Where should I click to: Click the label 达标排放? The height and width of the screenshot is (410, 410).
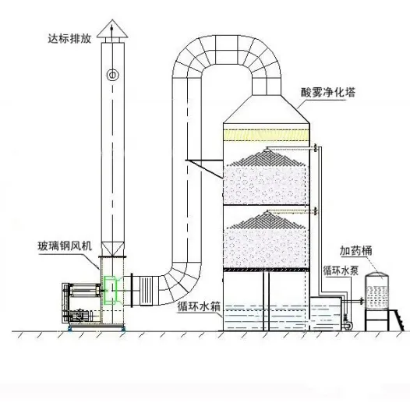(x=69, y=38)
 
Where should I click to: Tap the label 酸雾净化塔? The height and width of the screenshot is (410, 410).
(x=328, y=92)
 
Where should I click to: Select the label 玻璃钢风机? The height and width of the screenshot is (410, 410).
(x=65, y=246)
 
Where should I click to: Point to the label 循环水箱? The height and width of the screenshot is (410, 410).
(x=199, y=306)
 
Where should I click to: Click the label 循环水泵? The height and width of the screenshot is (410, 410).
(x=341, y=271)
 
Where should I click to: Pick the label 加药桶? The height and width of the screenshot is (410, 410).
(x=355, y=251)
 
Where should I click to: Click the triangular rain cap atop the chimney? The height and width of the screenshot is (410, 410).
(x=112, y=29)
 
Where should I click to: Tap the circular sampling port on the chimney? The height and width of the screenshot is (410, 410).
(x=113, y=75)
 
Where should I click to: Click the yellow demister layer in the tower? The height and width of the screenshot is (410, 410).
(x=267, y=135)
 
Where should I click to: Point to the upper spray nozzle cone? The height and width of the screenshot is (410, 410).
(x=267, y=158)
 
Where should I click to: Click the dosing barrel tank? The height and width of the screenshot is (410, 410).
(x=376, y=291)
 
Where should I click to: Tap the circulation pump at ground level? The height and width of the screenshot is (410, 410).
(x=347, y=323)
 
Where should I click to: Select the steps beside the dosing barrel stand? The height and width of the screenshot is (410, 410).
(x=395, y=320)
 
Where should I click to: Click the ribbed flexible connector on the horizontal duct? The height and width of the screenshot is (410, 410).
(x=146, y=290)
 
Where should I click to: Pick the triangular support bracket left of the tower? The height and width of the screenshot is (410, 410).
(x=204, y=168)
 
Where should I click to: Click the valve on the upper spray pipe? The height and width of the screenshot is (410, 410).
(x=316, y=148)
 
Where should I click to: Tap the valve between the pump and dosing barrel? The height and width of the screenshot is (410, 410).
(x=362, y=301)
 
